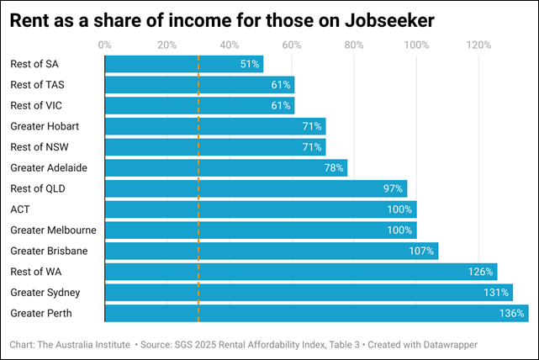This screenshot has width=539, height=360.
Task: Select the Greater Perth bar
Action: tap(315, 314)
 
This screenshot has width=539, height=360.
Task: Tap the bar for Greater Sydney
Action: tap(308, 293)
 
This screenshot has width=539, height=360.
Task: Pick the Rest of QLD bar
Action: tap(255, 188)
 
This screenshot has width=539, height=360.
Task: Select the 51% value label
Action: tap(250, 64)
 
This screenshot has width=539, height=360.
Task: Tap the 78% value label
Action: tap(334, 168)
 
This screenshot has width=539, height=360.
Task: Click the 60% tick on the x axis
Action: tap(292, 44)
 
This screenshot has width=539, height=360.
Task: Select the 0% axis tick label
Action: tap(104, 44)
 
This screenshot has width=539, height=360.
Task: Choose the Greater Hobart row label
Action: tap(43, 126)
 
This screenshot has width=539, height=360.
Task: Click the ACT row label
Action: tap(20, 209)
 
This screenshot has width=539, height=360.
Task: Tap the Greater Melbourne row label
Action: tap(53, 230)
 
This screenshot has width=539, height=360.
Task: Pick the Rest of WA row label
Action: tap(36, 272)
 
